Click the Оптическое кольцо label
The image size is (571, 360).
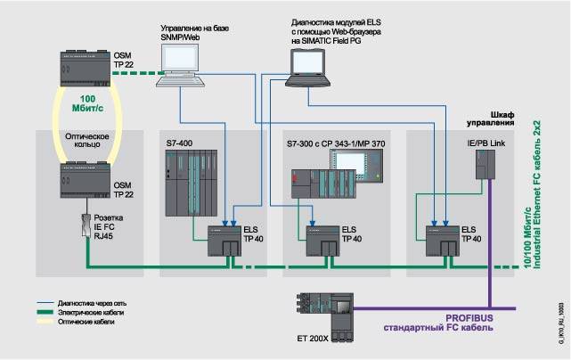(x=86, y=142)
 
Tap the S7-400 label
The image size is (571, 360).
(x=179, y=143)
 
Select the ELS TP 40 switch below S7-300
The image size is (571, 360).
(x=322, y=240)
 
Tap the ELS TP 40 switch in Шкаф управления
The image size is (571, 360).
(x=442, y=240)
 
